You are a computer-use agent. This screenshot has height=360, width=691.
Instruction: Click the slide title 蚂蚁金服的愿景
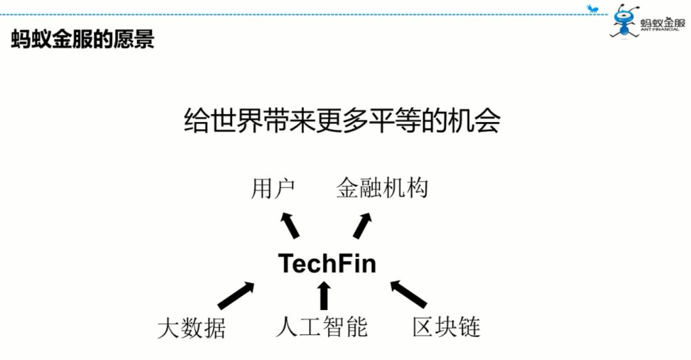pos(83,39)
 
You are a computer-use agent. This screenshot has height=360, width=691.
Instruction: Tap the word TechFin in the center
pos(327,263)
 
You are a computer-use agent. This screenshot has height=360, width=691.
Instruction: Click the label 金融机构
pos(382,189)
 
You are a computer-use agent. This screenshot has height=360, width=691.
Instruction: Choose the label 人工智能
pos(322,327)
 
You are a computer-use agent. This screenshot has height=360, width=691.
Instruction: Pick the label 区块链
pos(446,327)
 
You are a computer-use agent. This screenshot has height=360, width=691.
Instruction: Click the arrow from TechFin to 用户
pos(290,225)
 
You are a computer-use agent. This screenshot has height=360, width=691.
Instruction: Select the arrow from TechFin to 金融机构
pos(362,226)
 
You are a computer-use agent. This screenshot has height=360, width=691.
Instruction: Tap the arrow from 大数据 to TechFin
pos(235,295)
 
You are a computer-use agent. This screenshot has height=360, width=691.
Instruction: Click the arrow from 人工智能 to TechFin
pos(324,295)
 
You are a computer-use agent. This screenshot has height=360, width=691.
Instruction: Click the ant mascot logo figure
pos(623,20)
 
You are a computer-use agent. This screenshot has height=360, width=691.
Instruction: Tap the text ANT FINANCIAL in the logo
pos(661,29)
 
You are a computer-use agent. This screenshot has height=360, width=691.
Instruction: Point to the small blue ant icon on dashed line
pos(593,9)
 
